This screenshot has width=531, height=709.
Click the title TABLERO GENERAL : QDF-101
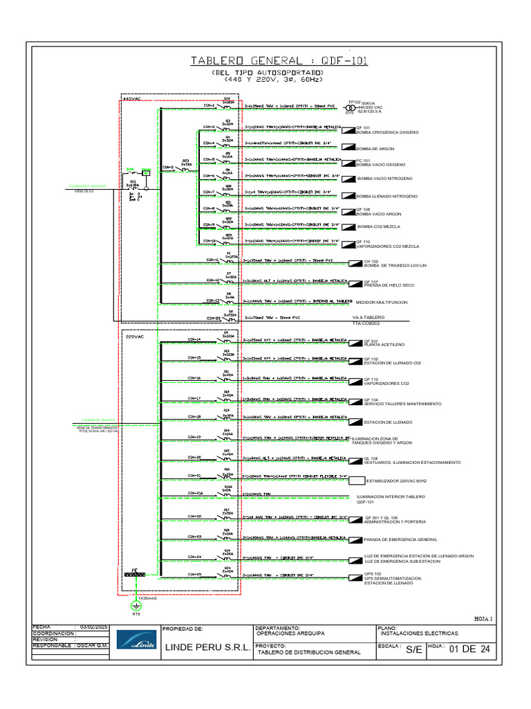click(279, 61)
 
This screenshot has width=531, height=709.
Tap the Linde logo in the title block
click(136, 642)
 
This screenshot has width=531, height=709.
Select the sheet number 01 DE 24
click(469, 649)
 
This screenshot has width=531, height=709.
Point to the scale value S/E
click(413, 649)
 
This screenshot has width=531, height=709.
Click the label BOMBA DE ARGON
click(375, 149)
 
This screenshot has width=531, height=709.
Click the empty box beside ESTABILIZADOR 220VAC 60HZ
click(357, 480)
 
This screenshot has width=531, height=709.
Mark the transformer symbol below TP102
click(350, 108)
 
